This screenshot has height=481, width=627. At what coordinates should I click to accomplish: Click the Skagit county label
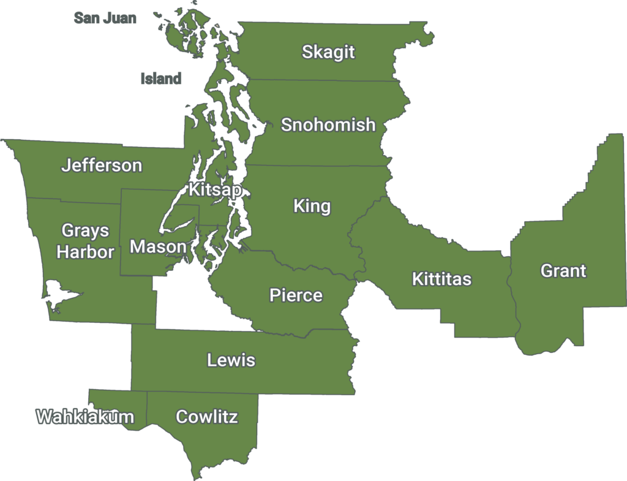pyautogui.click(x=328, y=52)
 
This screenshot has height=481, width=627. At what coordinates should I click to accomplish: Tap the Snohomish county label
pyautogui.click(x=328, y=125)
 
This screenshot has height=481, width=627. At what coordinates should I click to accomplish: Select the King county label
pyautogui.click(x=312, y=206)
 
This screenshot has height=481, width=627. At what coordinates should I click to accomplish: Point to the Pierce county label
pyautogui.click(x=296, y=295)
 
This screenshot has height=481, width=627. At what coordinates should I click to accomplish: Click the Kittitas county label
pyautogui.click(x=441, y=279)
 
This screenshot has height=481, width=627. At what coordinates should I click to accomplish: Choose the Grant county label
pyautogui.click(x=563, y=271)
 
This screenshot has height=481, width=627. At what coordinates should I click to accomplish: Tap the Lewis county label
pyautogui.click(x=231, y=360)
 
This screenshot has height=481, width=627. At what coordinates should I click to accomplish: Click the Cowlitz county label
pyautogui.click(x=206, y=417)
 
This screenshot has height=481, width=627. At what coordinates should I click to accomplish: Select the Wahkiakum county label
pyautogui.click(x=85, y=417)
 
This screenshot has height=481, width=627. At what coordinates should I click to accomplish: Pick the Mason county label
pyautogui.click(x=158, y=247)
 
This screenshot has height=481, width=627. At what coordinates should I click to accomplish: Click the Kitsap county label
pyautogui.click(x=215, y=190)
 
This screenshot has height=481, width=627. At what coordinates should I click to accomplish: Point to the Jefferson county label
pyautogui.click(x=102, y=165)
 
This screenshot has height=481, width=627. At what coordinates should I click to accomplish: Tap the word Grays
pyautogui.click(x=85, y=231)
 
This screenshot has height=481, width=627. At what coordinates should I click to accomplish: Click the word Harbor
pyautogui.click(x=85, y=252)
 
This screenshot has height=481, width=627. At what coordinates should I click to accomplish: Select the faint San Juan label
pyautogui.click(x=105, y=18)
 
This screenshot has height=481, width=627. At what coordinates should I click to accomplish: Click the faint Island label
pyautogui.click(x=161, y=78)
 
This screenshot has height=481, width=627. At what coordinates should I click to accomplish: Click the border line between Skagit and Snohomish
pyautogui.click(x=325, y=80)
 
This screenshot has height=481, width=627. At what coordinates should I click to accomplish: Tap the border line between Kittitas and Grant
pyautogui.click(x=510, y=288)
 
